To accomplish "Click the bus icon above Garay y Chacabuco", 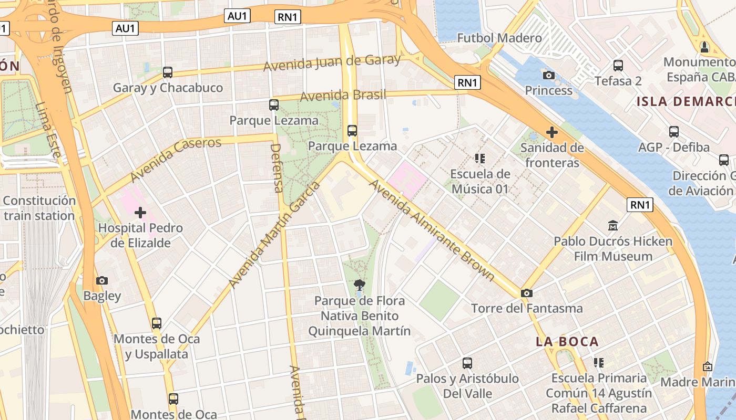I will tap(168, 72).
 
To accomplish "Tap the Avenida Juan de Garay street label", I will tap(332, 64).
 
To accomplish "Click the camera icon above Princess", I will tap(548, 76).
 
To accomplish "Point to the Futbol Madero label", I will tap(499, 38).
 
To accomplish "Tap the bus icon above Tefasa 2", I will tap(618, 66).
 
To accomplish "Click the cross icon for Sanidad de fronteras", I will tap(551, 132).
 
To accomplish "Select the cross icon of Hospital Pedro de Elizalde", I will tap(140, 213).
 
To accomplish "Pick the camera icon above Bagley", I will tap(102, 281).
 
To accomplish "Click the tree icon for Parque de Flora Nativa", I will tap(360, 286).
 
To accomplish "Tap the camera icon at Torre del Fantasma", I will tap(526, 293).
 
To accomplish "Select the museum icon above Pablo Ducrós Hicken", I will tap(612, 226).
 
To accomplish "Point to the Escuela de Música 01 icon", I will tap(479, 158).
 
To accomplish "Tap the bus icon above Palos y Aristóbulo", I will tap(467, 363).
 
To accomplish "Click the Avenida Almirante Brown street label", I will tap(432, 230).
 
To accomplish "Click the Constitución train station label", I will tap(39, 208).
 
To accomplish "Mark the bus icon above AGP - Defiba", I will tap(674, 132).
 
